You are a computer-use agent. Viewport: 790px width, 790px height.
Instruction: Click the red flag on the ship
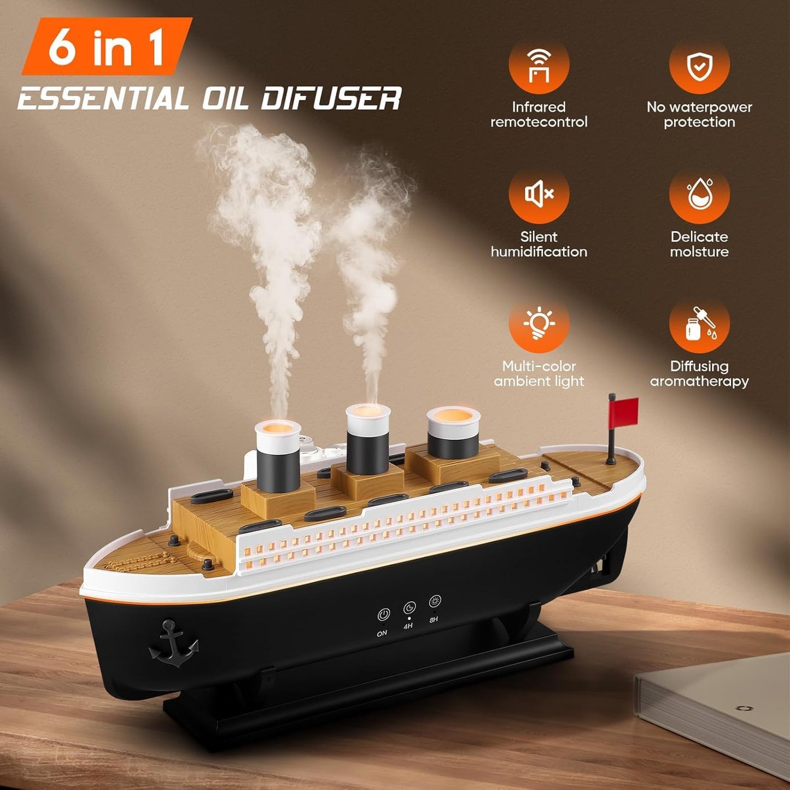624,412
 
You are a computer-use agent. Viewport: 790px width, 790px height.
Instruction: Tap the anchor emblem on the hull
173,644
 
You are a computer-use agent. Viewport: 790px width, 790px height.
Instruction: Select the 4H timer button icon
409,608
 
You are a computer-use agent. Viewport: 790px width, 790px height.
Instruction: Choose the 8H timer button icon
435,602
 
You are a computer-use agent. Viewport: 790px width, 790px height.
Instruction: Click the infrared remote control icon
539,65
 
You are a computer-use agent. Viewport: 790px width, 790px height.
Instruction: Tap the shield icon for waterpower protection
699,65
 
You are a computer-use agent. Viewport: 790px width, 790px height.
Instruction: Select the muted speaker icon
539,194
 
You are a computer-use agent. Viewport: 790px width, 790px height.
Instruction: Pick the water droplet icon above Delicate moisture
699,194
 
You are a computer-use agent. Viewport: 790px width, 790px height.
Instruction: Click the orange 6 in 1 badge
107,47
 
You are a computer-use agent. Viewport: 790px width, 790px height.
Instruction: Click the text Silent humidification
539,244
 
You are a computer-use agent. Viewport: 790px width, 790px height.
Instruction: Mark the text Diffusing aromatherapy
699,374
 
